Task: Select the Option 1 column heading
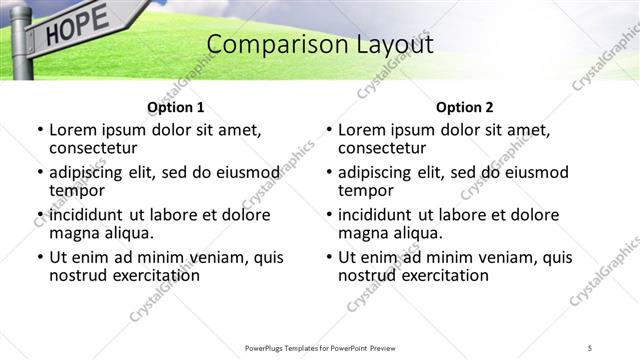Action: [x=175, y=107]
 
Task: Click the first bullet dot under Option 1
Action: [x=39, y=130]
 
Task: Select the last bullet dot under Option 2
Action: [x=328, y=257]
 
